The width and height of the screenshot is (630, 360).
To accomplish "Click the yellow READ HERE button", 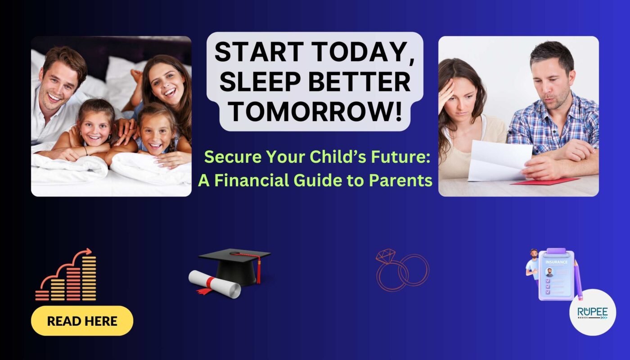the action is [82, 320].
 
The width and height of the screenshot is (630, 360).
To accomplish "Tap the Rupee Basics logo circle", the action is [593, 312].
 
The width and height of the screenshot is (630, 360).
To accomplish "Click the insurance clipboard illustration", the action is [556, 274].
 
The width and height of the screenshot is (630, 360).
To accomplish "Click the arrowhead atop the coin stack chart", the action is [89, 251].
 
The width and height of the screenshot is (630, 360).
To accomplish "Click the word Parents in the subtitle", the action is [400, 180].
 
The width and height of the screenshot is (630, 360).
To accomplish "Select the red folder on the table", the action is [545, 181].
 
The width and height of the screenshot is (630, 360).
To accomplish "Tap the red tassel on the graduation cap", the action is [258, 270].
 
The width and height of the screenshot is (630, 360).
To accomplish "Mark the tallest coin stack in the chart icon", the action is [89, 278].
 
